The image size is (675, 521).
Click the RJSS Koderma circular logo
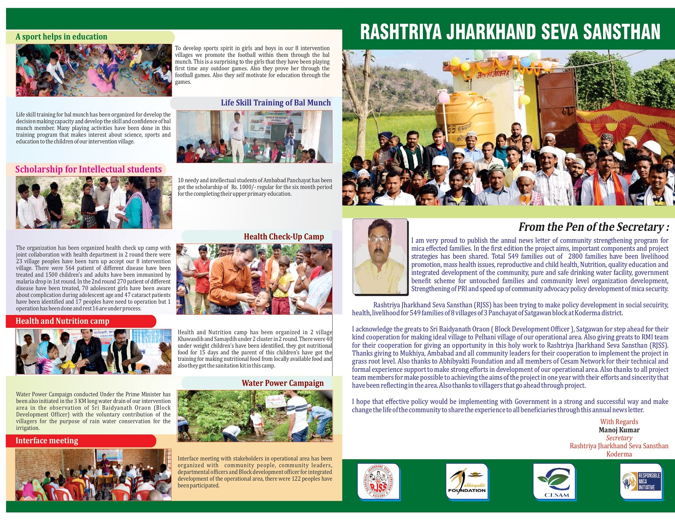click(378, 481)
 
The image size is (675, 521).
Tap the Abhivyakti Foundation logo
click(467, 481)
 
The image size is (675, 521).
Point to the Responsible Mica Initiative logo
click(641, 481)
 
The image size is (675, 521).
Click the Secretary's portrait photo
click(380, 256)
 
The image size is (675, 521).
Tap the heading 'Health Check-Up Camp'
click(283, 237)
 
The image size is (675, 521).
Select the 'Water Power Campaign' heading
click(282, 383)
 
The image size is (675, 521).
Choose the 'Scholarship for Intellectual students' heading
click(88, 169)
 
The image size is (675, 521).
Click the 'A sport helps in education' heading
click(61, 37)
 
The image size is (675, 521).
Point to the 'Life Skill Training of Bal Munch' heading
click(276, 103)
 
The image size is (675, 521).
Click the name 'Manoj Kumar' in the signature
click(619, 430)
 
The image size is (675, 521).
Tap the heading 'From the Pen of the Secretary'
click(593, 227)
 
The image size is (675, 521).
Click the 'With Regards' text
click(619, 422)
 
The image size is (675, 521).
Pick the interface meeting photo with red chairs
click(93, 474)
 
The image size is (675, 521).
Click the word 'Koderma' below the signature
click(619, 454)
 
